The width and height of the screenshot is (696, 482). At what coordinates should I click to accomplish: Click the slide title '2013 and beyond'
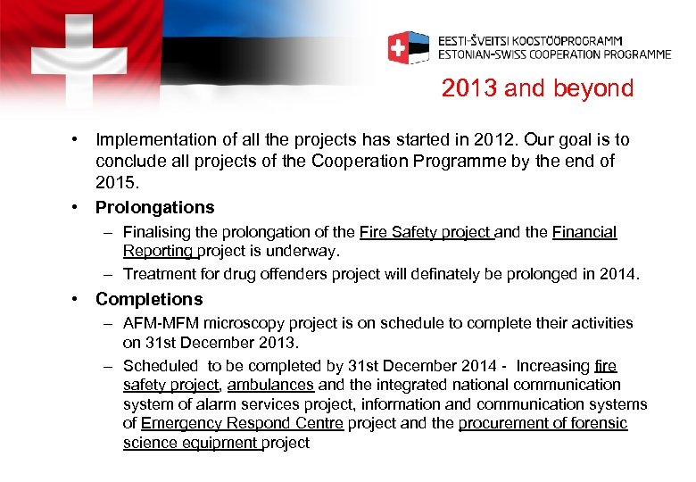[x=537, y=88]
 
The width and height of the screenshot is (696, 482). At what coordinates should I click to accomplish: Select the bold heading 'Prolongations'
[x=154, y=207]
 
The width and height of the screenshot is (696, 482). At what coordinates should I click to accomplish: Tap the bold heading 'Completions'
[x=149, y=299]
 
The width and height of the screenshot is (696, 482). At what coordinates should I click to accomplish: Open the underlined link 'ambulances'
[x=270, y=385]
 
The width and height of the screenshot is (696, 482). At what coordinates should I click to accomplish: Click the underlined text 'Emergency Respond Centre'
[x=242, y=423]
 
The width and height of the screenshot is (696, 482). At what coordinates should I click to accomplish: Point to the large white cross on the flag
[x=79, y=56]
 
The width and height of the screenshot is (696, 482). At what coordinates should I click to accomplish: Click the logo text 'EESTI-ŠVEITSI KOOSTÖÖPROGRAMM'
[x=530, y=40]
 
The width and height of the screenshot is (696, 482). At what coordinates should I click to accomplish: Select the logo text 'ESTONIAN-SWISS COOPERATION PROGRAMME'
[x=553, y=54]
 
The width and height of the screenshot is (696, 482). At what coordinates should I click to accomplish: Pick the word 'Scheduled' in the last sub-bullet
[x=161, y=366]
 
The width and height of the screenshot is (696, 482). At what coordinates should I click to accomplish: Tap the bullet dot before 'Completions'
[x=79, y=299]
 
